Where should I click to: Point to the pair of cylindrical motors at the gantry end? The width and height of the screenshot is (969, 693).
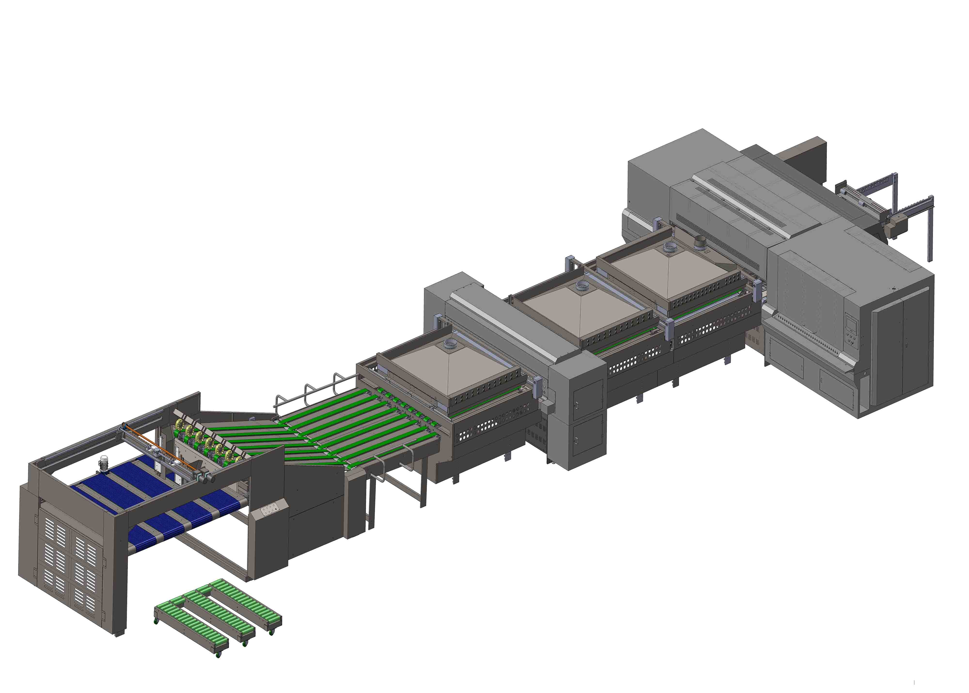pyautogui.click(x=205, y=477)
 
